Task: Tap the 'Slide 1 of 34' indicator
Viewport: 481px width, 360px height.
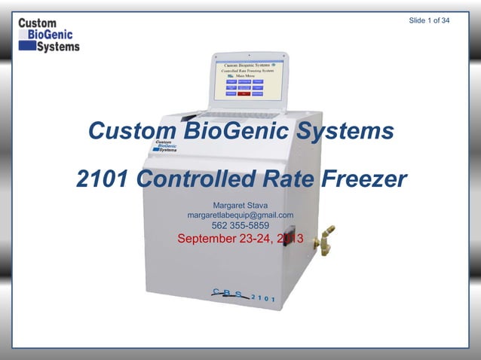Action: (x=429, y=20)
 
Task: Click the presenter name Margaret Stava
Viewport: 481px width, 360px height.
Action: (x=240, y=205)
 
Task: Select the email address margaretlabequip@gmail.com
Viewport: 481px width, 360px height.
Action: (x=240, y=215)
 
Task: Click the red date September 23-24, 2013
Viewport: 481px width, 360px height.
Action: (x=240, y=239)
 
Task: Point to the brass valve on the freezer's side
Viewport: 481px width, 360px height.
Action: (x=326, y=240)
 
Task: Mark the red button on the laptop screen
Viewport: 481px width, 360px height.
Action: (x=244, y=93)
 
